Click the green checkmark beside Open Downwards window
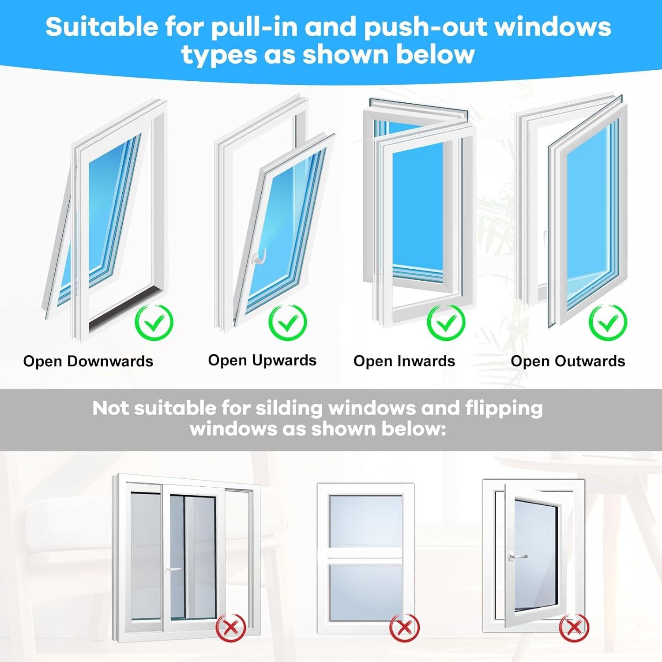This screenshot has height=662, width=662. pos(154,322)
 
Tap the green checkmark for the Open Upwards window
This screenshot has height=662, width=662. pos(288,322)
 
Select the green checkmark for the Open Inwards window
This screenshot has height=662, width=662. pos(446,322)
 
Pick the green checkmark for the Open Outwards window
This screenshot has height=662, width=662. pos(608,322)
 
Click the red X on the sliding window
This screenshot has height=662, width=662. pos(230,627)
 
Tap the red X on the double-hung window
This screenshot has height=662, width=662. pos(404,627)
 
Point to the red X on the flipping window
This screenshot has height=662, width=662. pos(574,627)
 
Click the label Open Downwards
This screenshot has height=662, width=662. pos(88,361)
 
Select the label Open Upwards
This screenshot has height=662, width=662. pos(262,360)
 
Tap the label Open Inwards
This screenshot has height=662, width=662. pos(404,361)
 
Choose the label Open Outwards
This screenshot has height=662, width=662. pos(568,361)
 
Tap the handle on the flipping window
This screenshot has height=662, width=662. pos(517,557)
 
